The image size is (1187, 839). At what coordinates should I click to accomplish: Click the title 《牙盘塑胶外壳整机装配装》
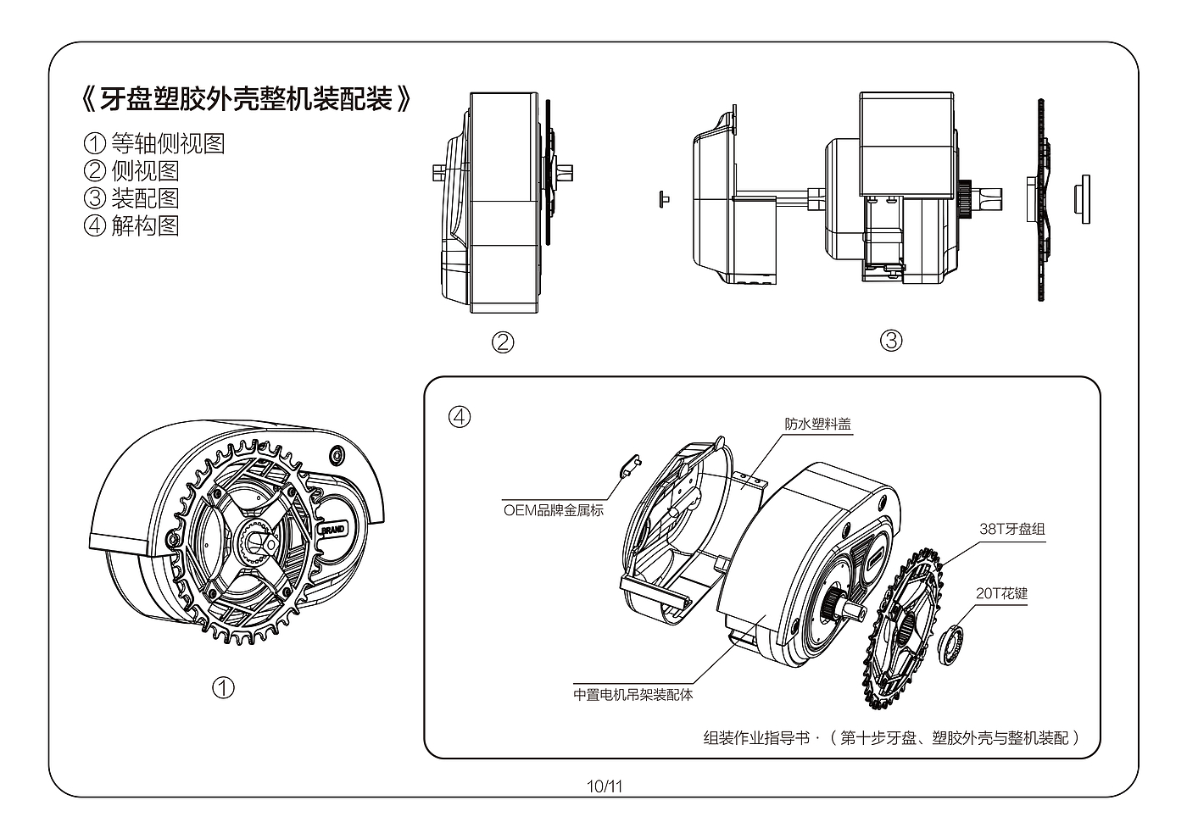tap(247, 99)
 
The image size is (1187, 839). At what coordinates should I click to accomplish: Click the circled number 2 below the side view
tap(503, 342)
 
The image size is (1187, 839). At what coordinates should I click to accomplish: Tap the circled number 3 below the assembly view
tap(891, 341)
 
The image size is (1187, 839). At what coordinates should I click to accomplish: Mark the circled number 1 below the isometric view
tap(223, 688)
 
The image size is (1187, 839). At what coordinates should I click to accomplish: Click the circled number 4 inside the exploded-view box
tap(460, 417)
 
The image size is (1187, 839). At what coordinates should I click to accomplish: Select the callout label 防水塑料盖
tap(817, 424)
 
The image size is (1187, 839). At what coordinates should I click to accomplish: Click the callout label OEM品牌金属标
tap(553, 510)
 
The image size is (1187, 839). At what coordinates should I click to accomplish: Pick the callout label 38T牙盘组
tap(1012, 529)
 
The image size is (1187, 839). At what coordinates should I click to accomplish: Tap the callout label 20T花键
tap(1001, 593)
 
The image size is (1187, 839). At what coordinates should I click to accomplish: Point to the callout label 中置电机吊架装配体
tap(633, 694)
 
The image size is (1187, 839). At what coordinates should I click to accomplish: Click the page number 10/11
tap(605, 786)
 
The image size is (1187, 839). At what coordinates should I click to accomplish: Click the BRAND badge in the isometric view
tap(333, 529)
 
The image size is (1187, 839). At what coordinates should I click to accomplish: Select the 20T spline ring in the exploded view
tap(950, 645)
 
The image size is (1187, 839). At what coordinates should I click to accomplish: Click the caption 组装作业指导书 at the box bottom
tap(756, 738)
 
